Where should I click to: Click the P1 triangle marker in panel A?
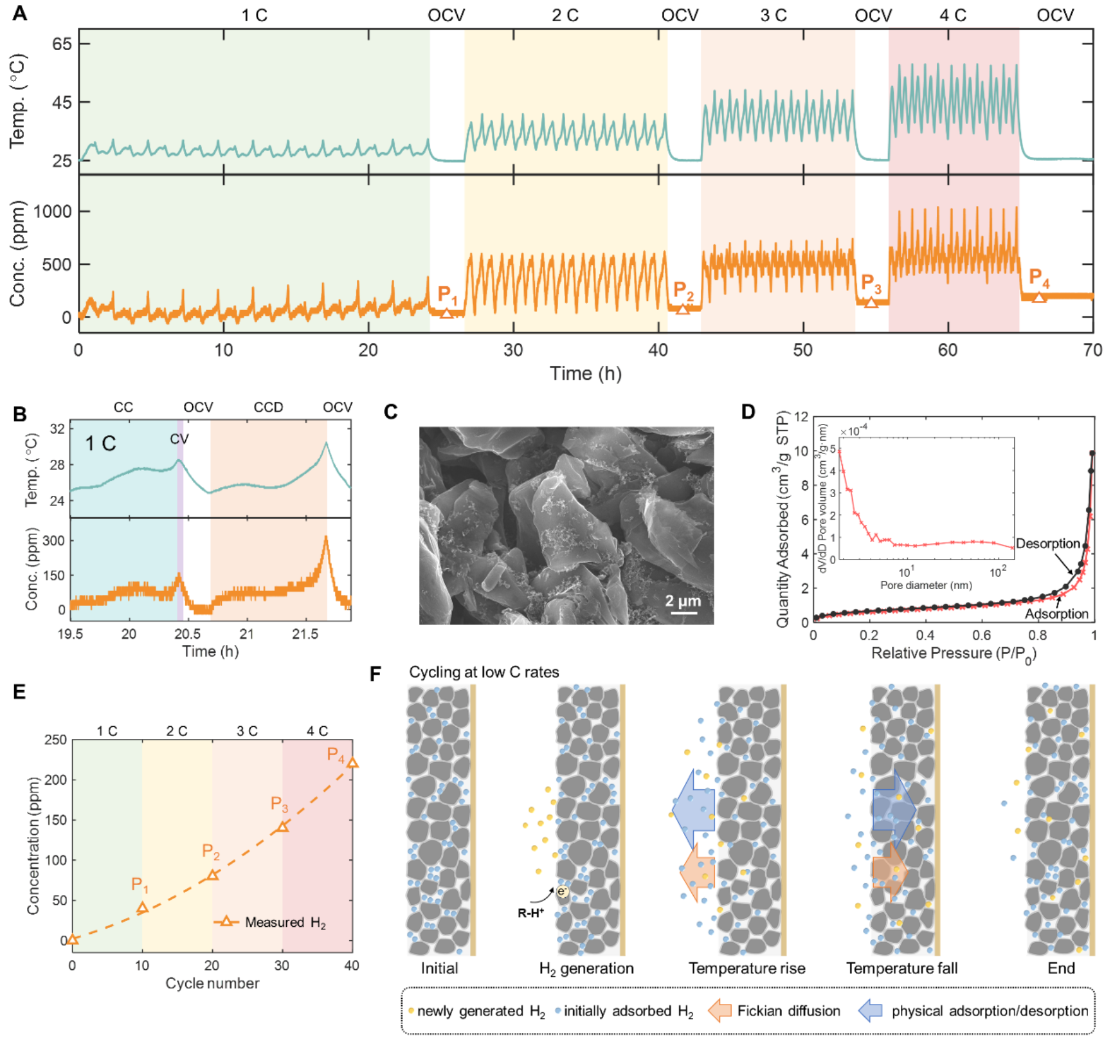[446, 313]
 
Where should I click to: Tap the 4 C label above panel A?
[952, 15]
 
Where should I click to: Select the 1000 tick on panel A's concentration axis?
[52, 212]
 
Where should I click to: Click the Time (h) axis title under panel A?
[585, 374]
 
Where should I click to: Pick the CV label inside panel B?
[179, 439]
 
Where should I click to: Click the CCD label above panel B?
[268, 408]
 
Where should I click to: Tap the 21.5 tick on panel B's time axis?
[305, 634]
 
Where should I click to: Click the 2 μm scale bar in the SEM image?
[683, 612]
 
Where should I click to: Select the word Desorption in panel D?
[1047, 543]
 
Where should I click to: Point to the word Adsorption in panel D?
[1056, 614]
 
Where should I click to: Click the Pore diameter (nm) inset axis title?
[925, 585]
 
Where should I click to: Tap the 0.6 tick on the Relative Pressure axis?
[981, 635]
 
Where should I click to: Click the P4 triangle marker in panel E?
[352, 763]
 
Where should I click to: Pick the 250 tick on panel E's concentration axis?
[56, 740]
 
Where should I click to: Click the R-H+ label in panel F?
[531, 913]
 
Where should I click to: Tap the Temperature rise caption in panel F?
[747, 969]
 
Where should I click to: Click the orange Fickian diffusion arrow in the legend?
[719, 1011]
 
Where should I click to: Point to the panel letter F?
[376, 673]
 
